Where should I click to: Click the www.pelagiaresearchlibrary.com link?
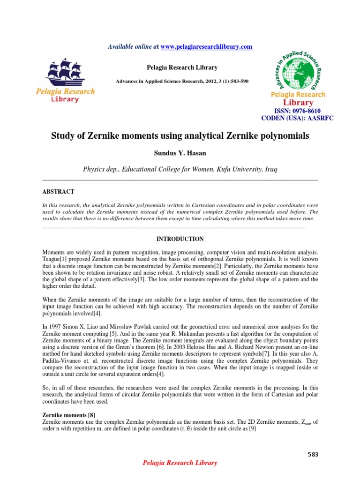207,46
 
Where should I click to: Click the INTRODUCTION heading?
180,239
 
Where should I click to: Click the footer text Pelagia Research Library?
180,463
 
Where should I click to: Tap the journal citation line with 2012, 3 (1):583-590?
182,81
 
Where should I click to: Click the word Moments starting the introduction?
55,253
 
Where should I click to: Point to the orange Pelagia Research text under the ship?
66,91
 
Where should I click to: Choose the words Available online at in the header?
134,46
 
